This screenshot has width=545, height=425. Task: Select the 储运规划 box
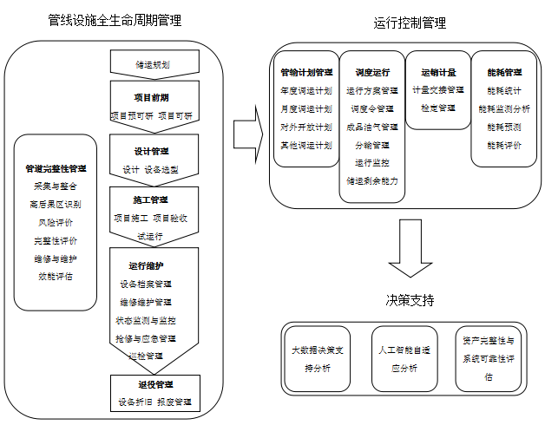(x=154, y=62)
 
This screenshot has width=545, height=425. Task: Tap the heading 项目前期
(x=154, y=97)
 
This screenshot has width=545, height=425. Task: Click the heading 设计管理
(x=154, y=150)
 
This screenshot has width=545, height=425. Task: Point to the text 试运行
(x=154, y=235)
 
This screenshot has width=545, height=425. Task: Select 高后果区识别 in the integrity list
(x=56, y=204)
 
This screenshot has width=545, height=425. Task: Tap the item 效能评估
(x=56, y=277)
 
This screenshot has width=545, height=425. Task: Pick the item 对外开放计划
(x=305, y=127)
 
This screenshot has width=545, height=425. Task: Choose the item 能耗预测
(x=504, y=127)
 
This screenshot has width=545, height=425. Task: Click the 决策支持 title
(x=410, y=300)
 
